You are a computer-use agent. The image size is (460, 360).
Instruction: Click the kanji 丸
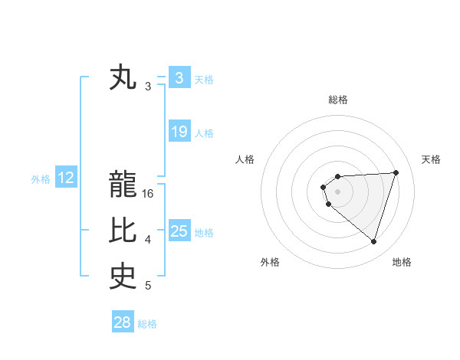coord(123,77)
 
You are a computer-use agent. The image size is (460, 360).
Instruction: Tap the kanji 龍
coord(123,184)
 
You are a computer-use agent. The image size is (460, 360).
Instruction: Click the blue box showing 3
coord(179,78)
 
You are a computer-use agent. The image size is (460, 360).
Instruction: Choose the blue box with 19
coord(179,132)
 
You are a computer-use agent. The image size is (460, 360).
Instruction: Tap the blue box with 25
coord(179,231)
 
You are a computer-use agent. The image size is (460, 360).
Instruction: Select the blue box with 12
coord(66,178)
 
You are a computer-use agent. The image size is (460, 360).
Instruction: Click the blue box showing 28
coord(122,322)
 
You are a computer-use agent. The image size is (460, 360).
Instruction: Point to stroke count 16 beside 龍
coord(148,194)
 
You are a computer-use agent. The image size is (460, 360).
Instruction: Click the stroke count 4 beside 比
coord(148,240)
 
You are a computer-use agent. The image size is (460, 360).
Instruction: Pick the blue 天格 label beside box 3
coord(204,79)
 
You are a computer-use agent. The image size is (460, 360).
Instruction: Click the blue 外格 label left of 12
coord(41,179)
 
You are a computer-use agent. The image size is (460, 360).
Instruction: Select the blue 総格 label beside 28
coord(147,324)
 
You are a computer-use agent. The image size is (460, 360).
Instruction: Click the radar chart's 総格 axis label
coord(337,100)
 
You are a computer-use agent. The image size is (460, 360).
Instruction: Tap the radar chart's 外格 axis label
coord(270,262)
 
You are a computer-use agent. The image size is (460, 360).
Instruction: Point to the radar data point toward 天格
coord(396,172)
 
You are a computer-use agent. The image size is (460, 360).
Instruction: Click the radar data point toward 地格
coord(373,241)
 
